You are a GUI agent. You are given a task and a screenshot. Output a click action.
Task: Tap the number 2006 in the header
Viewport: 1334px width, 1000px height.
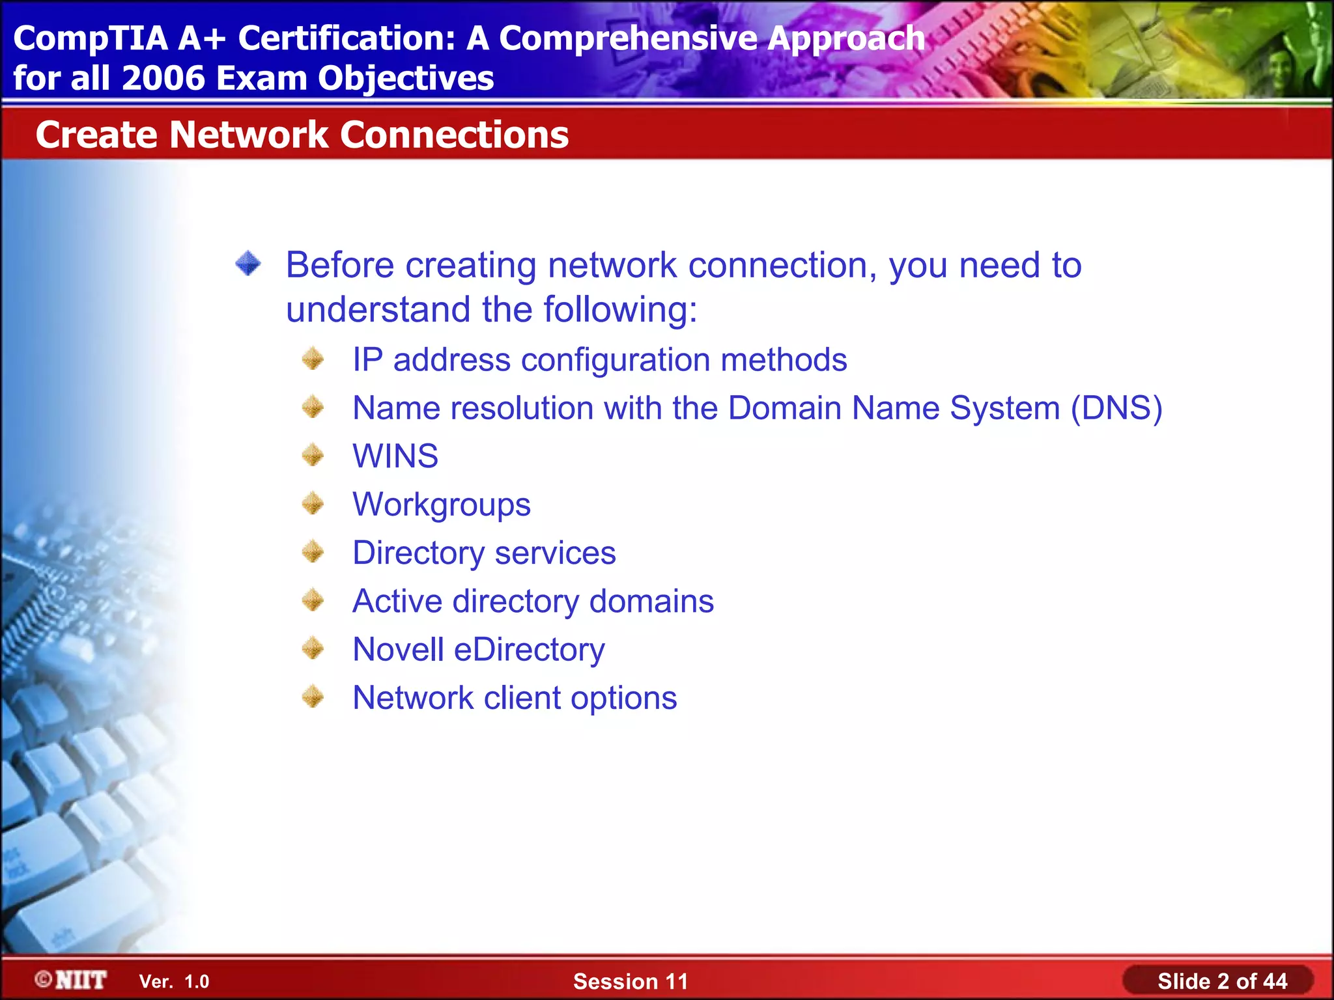(163, 79)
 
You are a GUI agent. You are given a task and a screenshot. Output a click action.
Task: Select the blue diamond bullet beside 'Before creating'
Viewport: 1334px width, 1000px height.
(248, 264)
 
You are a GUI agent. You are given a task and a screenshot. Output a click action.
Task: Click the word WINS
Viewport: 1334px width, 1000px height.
(395, 456)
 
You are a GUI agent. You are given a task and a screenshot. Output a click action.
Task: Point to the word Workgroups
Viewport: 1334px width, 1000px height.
(442, 505)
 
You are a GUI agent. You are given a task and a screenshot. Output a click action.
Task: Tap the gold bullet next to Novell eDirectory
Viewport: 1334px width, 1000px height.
(313, 648)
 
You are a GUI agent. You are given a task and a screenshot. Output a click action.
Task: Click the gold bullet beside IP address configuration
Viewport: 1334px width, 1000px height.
(313, 359)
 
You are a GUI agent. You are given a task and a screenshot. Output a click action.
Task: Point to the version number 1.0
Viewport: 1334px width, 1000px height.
(197, 982)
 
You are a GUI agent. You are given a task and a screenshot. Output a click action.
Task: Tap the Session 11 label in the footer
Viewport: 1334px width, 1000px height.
(631, 981)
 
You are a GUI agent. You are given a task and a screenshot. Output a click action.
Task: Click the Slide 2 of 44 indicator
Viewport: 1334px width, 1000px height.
(1222, 981)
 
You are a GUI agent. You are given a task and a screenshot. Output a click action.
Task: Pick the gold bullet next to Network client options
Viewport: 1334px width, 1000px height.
(313, 697)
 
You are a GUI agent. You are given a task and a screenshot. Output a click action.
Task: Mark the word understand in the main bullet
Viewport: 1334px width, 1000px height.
(378, 309)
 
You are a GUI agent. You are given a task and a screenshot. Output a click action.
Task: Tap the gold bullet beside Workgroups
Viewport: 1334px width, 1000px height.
(313, 503)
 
